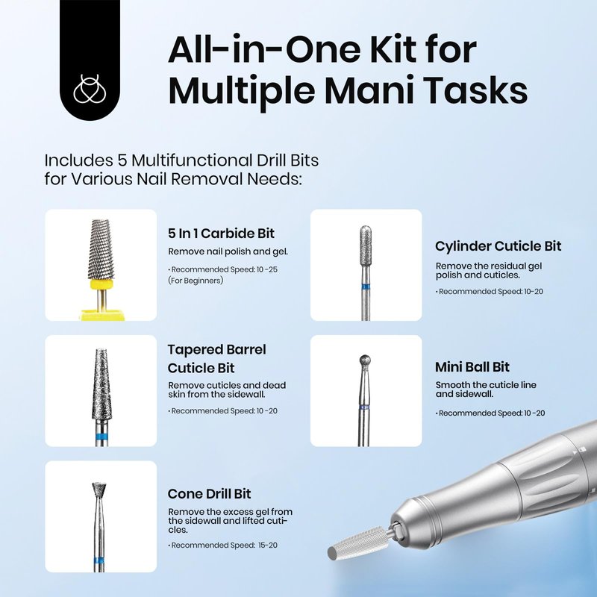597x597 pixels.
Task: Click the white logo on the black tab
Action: click(x=90, y=89)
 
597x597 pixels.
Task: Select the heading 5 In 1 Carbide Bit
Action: click(x=221, y=234)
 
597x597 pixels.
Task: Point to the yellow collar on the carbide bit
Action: click(x=101, y=285)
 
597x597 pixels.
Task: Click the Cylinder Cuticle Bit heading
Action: click(x=498, y=246)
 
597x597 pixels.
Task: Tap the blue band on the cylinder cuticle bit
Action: click(x=366, y=287)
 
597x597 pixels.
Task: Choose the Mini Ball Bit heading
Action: click(x=472, y=367)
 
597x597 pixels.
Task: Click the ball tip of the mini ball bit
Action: click(x=365, y=360)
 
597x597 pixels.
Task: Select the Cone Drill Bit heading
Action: click(x=210, y=494)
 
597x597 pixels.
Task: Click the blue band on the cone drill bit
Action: click(x=100, y=560)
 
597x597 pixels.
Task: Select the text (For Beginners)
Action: click(x=196, y=281)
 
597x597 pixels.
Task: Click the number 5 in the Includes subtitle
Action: click(x=122, y=160)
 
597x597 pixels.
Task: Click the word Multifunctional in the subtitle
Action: click(x=192, y=160)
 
